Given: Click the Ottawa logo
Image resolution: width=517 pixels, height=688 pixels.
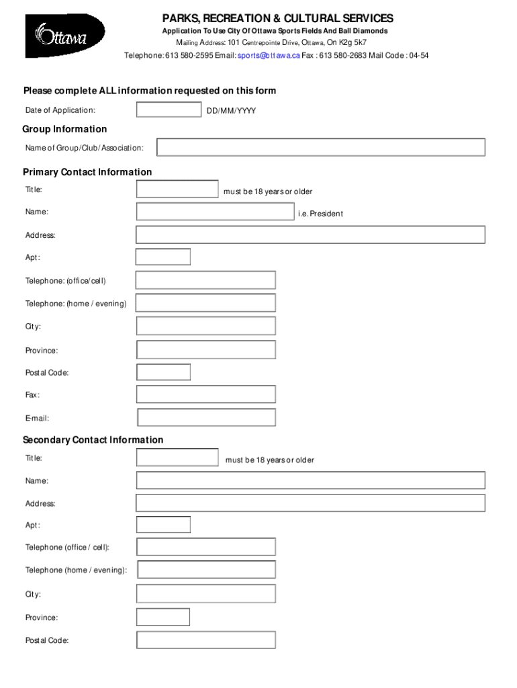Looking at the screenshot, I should click(65, 36).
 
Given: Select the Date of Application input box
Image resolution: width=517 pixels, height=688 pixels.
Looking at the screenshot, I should click(169, 110).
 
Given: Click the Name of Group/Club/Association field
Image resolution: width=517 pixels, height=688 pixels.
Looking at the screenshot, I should click(321, 147).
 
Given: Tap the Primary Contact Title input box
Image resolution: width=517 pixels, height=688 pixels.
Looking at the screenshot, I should click(177, 189).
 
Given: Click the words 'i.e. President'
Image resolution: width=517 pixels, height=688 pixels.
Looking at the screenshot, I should click(320, 214).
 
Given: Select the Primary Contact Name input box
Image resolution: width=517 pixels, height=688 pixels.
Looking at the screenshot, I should click(215, 212).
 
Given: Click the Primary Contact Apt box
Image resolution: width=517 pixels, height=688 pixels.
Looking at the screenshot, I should click(163, 257).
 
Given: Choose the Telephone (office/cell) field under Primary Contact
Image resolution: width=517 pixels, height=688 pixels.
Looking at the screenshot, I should click(205, 280).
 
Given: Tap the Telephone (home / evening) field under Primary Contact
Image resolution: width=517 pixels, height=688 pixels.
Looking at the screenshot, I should click(205, 303).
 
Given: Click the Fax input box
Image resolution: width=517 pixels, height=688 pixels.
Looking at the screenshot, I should click(205, 394).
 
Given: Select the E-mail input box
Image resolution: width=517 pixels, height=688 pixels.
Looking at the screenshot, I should click(206, 417).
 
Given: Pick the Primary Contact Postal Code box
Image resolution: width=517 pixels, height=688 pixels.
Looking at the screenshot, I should click(163, 372).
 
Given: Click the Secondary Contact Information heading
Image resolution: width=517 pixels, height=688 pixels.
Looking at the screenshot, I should click(93, 440).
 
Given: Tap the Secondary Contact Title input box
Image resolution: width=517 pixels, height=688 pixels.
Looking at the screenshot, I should click(177, 458).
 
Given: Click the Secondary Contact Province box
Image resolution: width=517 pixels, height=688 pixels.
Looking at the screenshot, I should click(163, 617).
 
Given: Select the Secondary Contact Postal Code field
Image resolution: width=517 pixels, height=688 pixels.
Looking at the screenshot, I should click(205, 640).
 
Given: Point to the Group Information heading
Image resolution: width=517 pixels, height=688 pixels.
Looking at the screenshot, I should click(65, 129).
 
